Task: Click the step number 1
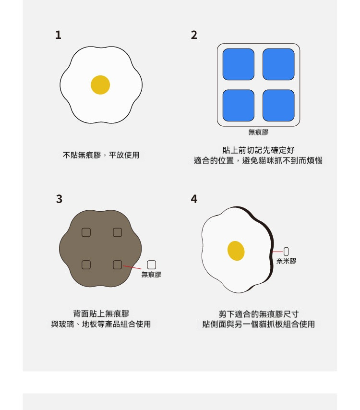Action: click(58, 35)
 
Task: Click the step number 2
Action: click(194, 35)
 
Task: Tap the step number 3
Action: click(59, 199)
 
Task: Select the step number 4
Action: click(194, 199)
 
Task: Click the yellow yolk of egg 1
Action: click(100, 85)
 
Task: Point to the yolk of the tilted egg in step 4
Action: click(236, 251)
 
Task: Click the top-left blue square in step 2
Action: click(239, 64)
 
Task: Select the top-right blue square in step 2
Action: click(278, 64)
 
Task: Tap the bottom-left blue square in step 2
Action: click(239, 106)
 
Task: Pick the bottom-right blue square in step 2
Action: click(278, 106)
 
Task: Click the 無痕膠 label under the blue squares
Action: click(258, 133)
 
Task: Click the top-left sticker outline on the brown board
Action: click(86, 232)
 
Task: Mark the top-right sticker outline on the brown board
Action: click(118, 232)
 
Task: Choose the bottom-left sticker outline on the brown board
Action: click(86, 265)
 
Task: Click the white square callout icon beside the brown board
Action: click(152, 265)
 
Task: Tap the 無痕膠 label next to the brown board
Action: click(151, 275)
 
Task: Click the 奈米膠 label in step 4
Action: click(286, 261)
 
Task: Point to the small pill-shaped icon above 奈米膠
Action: click(286, 252)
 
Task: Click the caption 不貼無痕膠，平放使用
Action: click(101, 155)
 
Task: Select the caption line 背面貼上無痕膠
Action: click(101, 314)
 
